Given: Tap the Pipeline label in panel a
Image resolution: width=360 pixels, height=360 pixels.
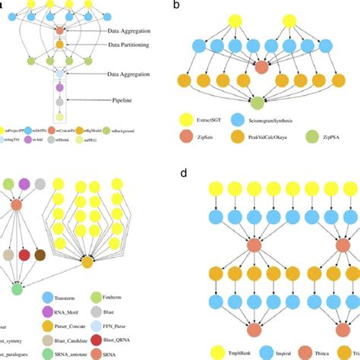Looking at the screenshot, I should click(x=124, y=99).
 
